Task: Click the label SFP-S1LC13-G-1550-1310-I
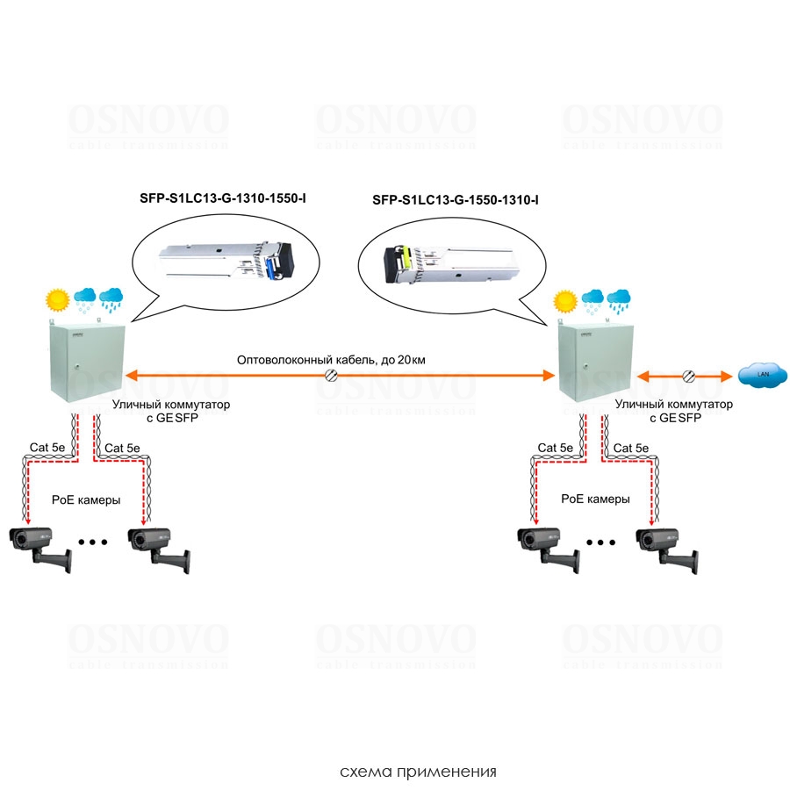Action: point(456,200)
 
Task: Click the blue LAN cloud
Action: point(755,376)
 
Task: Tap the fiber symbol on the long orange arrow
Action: point(332,376)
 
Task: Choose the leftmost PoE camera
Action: point(39,545)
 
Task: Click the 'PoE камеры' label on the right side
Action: point(596,498)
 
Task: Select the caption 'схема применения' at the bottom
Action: point(418,772)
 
